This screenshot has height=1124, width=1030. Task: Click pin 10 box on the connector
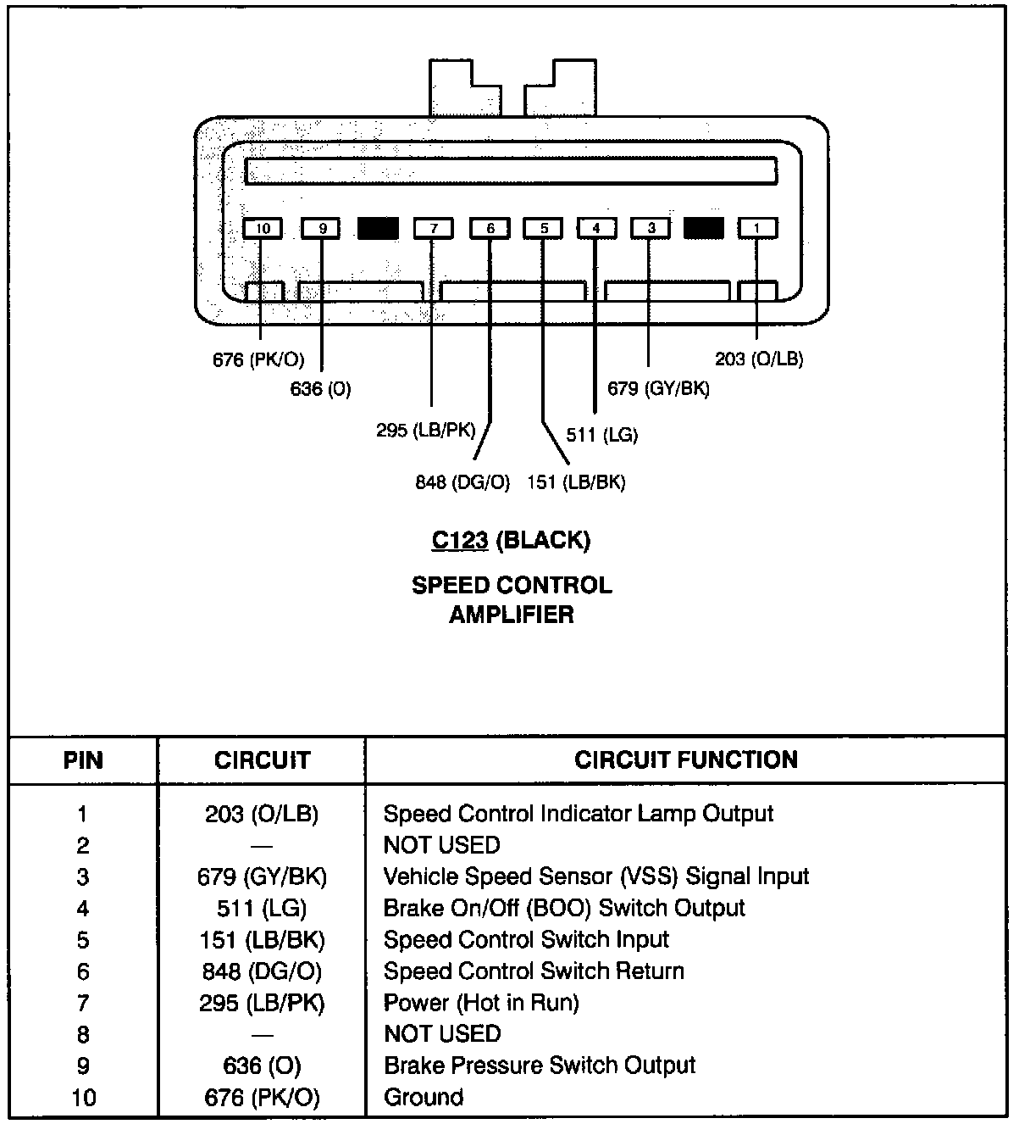[263, 228]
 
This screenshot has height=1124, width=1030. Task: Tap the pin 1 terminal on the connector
[757, 228]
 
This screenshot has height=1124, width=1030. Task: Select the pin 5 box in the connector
[544, 228]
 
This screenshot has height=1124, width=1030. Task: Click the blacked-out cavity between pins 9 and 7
[378, 228]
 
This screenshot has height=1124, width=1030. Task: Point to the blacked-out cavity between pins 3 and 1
[703, 228]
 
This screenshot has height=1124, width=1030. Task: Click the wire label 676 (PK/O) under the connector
[258, 359]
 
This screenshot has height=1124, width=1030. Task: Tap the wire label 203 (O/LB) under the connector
[759, 359]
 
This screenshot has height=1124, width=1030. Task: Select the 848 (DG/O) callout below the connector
[462, 482]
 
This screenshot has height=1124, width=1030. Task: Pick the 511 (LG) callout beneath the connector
[602, 435]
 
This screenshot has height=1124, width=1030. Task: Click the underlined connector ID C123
[460, 540]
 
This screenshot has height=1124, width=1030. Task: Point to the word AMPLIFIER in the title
[511, 615]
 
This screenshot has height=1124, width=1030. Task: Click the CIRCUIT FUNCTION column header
[686, 760]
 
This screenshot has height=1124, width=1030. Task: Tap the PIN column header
[83, 760]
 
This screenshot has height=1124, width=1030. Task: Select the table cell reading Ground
[424, 1098]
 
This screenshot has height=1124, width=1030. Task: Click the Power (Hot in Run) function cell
[481, 1003]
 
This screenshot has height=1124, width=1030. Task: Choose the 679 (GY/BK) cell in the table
[262, 876]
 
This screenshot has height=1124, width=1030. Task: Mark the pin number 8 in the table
[83, 1034]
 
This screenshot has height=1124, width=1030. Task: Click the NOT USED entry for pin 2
[442, 845]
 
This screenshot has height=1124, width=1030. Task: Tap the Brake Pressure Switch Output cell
[540, 1066]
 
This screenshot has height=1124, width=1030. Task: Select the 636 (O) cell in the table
[262, 1066]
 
